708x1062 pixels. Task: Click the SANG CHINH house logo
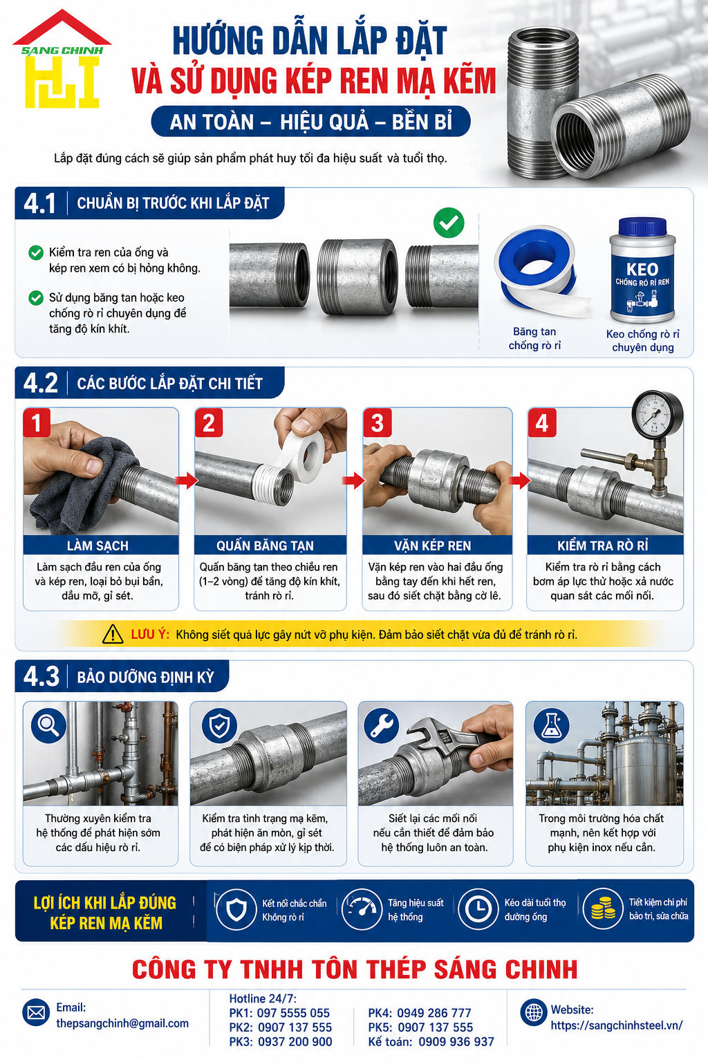(62, 59)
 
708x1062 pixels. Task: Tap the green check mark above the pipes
(449, 223)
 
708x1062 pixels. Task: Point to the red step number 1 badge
(37, 422)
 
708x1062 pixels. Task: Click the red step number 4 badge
(542, 422)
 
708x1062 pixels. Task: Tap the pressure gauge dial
(658, 414)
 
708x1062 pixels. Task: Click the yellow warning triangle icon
(113, 634)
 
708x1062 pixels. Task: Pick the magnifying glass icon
(49, 725)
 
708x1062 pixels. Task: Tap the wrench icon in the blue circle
(381, 725)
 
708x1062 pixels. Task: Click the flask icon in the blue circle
(551, 725)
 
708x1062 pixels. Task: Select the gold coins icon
(603, 909)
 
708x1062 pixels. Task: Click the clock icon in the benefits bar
(478, 909)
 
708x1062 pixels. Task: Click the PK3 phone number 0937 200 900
(295, 1042)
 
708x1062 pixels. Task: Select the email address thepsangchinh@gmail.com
(122, 1023)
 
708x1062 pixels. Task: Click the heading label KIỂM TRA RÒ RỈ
(603, 546)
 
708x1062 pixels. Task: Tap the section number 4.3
(41, 676)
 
